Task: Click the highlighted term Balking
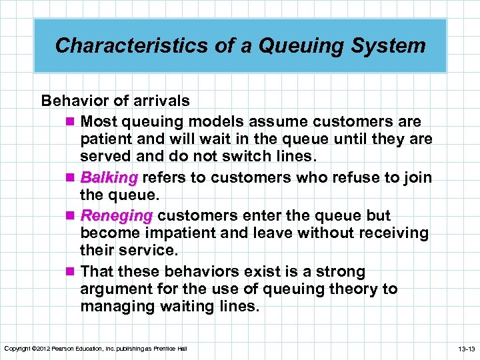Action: [x=109, y=178]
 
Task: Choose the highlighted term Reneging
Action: [x=116, y=216]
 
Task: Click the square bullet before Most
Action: [x=71, y=122]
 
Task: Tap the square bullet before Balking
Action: [x=71, y=178]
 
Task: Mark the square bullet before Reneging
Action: [x=71, y=216]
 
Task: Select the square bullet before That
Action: [x=71, y=272]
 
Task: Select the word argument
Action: [x=116, y=289]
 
